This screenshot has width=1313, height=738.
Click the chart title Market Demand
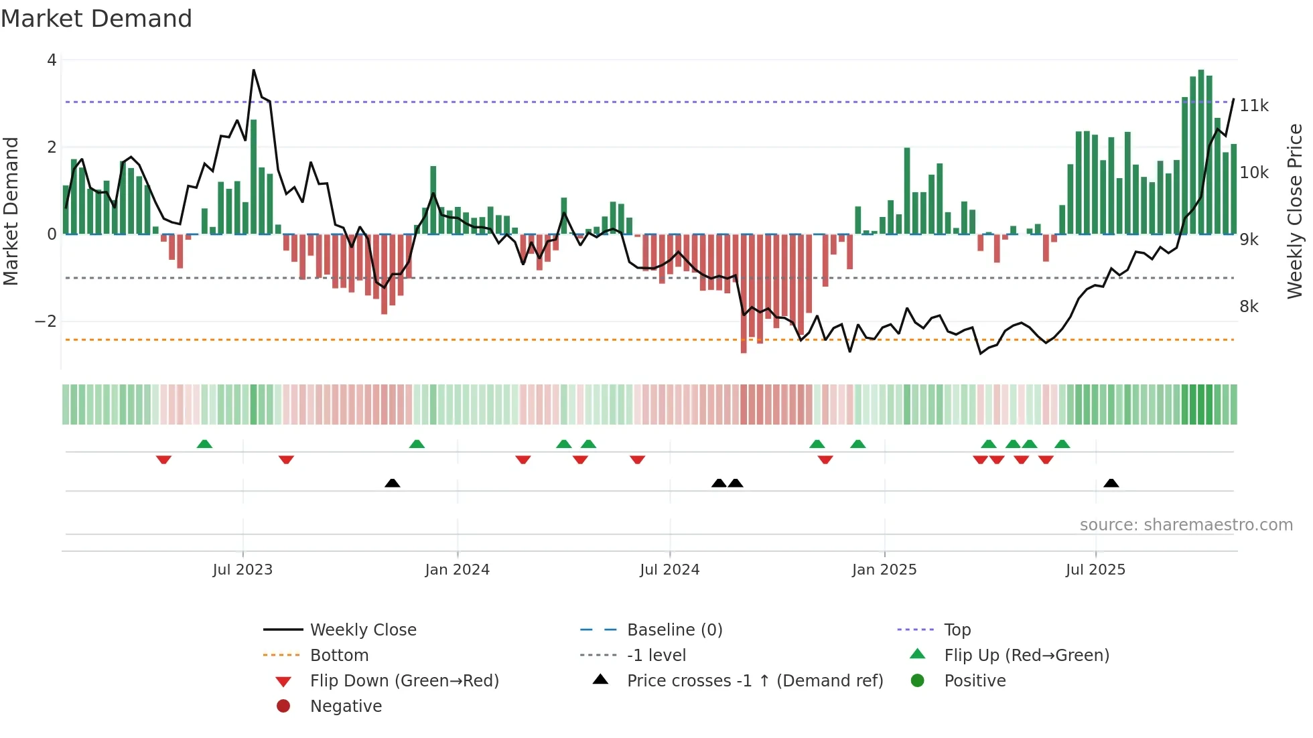96,19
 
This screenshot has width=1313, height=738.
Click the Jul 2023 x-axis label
243,570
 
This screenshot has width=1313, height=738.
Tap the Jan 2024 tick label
457,570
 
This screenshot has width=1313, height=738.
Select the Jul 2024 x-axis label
669,570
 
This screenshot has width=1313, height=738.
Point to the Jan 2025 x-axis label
884,570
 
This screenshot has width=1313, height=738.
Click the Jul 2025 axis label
1095,570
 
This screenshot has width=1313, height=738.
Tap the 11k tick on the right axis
1254,106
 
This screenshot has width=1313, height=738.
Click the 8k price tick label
1249,307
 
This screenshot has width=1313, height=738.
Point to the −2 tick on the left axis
46,321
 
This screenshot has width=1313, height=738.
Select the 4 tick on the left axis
52,60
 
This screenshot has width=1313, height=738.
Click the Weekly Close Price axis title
1295,211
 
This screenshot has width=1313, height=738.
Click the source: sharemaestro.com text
1186,525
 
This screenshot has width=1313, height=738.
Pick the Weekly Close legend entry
362,630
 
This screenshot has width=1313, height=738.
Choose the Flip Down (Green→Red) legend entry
404,681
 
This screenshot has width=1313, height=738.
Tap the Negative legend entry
346,707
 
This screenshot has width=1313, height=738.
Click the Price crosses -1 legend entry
754,681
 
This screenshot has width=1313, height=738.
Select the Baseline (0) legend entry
674,630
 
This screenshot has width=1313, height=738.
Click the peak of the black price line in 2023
253,70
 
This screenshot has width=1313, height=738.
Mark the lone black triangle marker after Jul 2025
1111,483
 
